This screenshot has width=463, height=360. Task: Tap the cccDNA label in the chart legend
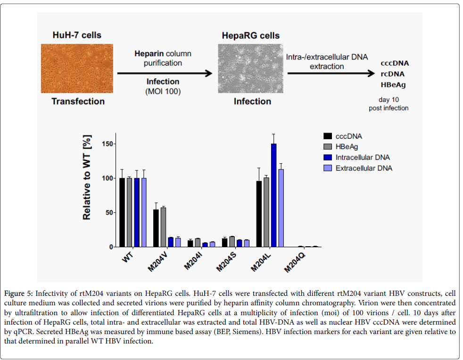pos(349,136)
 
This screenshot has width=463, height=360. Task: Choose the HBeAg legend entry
pos(347,147)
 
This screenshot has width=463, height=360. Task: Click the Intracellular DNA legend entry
pos(363,157)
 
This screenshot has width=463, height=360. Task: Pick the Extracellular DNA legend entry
pos(364,168)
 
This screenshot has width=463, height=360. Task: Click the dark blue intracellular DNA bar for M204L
pos(273,195)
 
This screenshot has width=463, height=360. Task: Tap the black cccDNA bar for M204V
pos(156,228)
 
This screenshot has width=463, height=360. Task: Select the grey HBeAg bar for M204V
pos(163,227)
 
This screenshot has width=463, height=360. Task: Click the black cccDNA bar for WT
pos(122,213)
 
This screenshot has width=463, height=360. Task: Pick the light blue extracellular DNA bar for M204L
pos(281,208)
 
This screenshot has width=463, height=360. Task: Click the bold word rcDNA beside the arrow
pos(392,74)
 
